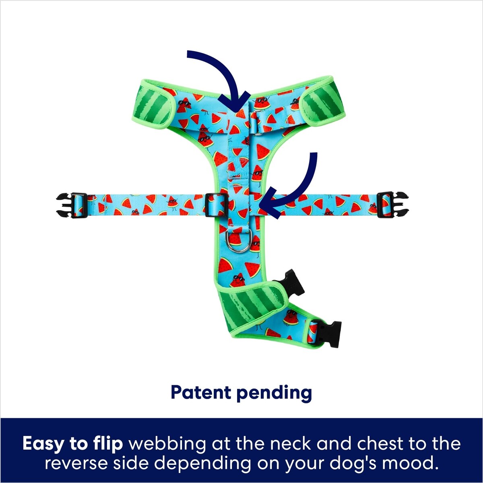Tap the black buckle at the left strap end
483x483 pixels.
pyautogui.click(x=72, y=205)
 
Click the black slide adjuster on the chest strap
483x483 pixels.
pyautogui.click(x=217, y=205)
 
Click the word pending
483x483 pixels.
pyautogui.click(x=274, y=393)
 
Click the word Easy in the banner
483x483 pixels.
pyautogui.click(x=43, y=444)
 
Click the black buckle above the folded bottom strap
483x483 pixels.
pyautogui.click(x=291, y=283)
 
